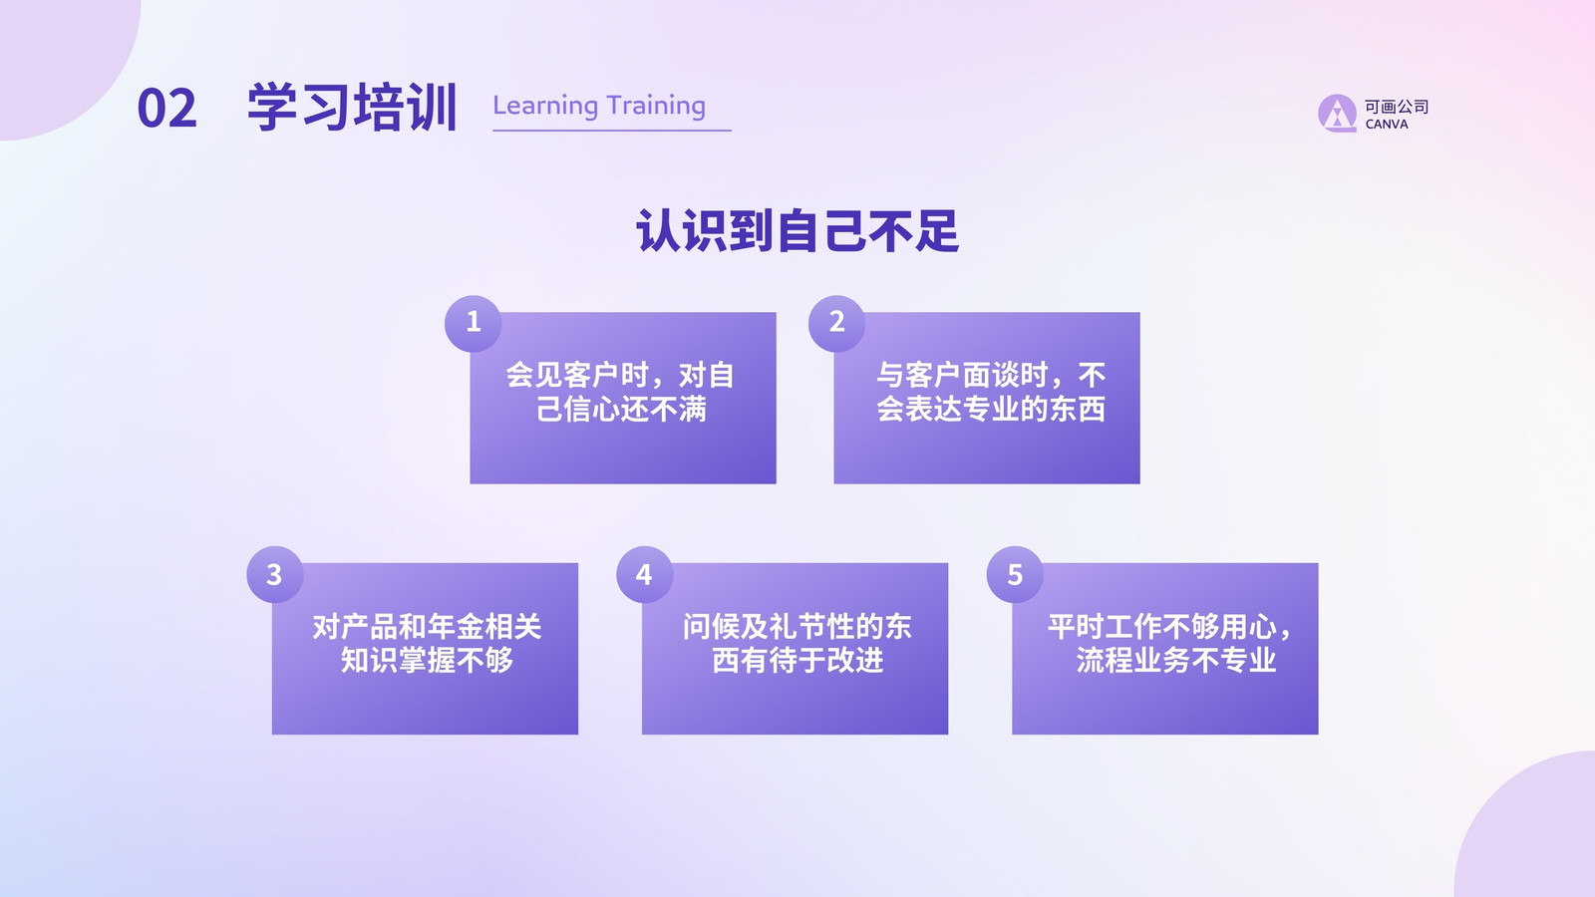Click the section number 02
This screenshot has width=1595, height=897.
(166, 109)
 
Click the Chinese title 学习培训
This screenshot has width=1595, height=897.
(352, 108)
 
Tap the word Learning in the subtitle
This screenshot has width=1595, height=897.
(545, 106)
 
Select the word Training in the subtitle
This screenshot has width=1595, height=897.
(657, 106)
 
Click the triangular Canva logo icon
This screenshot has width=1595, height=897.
(1337, 114)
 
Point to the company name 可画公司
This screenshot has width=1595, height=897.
(1397, 107)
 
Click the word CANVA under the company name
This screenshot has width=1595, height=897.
(1387, 125)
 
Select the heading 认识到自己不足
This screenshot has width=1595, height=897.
(797, 230)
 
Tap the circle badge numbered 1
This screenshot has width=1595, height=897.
(474, 323)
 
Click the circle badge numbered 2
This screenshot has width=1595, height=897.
(836, 323)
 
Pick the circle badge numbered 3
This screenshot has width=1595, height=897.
(275, 574)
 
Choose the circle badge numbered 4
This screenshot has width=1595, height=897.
(644, 574)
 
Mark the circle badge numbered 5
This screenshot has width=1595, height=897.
(1015, 574)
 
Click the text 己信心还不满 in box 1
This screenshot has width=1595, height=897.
(621, 410)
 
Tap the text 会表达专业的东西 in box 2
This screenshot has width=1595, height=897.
(991, 410)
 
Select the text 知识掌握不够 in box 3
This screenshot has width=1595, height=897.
(427, 661)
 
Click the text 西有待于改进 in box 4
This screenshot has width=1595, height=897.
(797, 661)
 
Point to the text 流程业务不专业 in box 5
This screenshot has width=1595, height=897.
(1175, 661)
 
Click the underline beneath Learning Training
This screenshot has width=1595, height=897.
(612, 131)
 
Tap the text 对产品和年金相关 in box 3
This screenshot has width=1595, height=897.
(427, 627)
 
